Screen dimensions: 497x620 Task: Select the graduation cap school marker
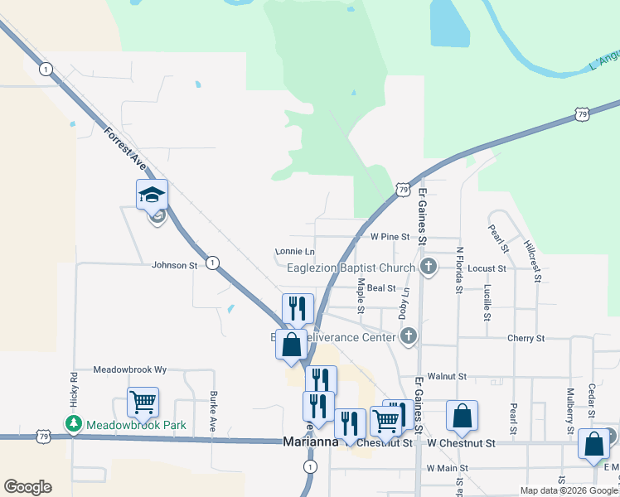(152, 195)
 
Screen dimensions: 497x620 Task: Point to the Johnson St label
(174, 265)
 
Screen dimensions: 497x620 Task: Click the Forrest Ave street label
(125, 150)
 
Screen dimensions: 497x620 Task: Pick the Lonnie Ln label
(295, 252)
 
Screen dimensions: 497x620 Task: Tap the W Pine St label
(390, 237)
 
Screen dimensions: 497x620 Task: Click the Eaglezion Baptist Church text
(350, 268)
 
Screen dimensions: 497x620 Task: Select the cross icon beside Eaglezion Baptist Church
(428, 267)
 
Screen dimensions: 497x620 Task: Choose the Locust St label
(487, 268)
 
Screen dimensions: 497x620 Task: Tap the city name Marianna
(310, 442)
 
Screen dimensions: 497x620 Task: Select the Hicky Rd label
(73, 390)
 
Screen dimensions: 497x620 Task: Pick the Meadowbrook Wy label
(130, 369)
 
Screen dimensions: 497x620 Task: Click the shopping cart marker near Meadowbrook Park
(143, 403)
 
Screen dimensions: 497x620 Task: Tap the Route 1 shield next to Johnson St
(213, 263)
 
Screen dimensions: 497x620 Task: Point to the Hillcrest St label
(532, 261)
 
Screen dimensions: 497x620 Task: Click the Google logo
(27, 487)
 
